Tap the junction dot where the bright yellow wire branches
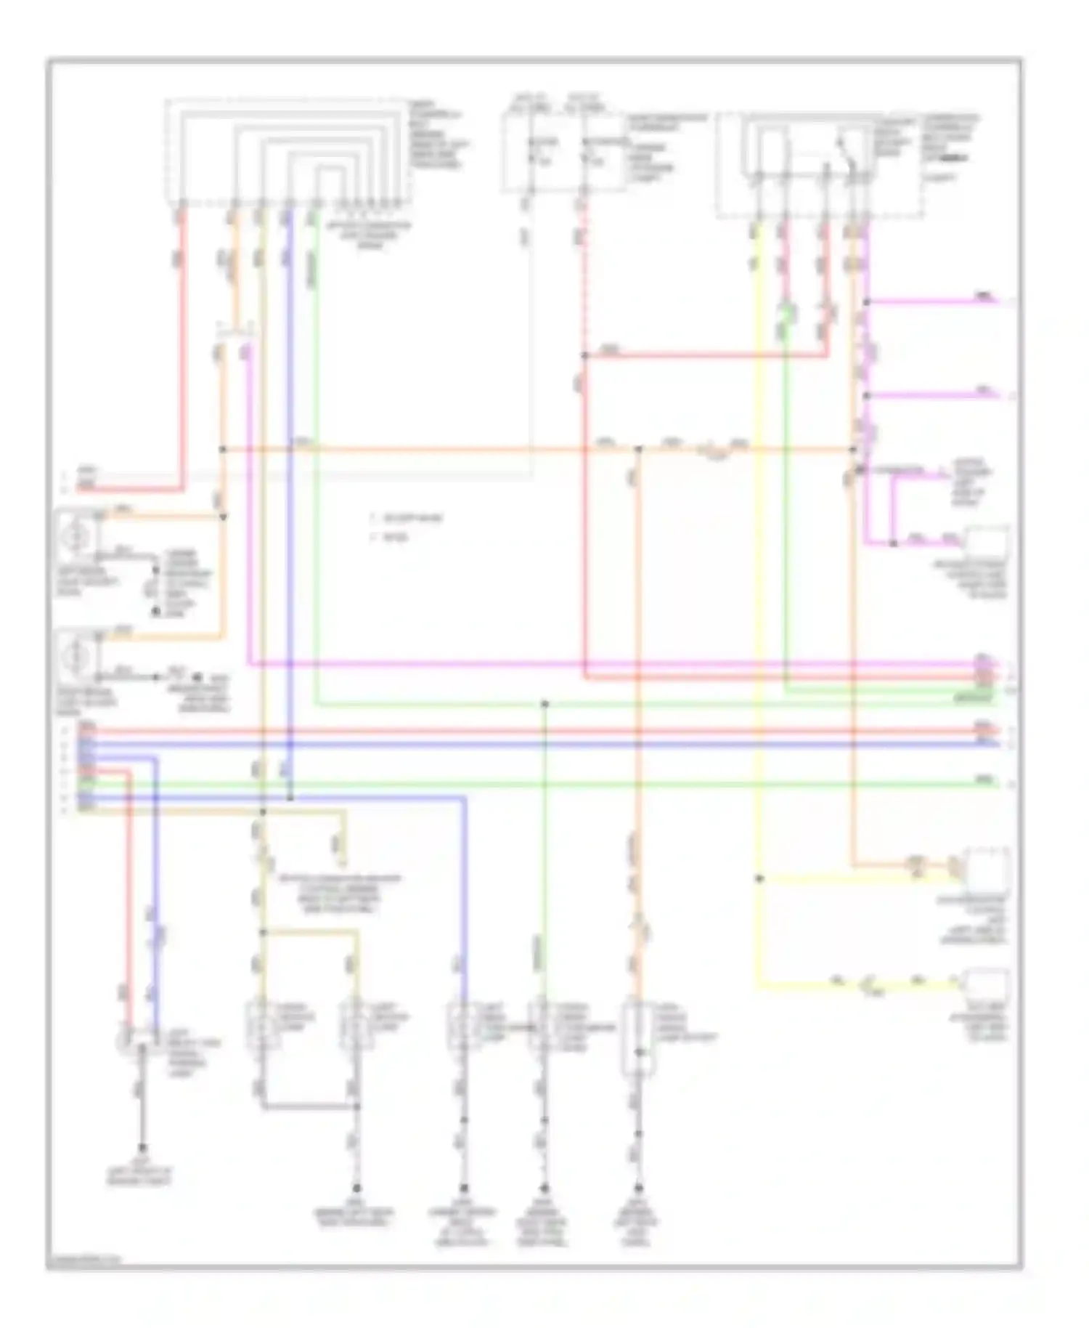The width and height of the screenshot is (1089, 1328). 759,878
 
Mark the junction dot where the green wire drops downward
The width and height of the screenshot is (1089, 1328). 544,704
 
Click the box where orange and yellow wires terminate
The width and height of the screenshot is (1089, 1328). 985,868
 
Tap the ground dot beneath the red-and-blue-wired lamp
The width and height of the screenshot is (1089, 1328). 142,1149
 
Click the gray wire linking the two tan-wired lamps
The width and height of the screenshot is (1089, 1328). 309,1107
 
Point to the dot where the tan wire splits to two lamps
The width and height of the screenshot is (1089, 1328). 263,932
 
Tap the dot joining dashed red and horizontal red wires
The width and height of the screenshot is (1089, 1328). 584,356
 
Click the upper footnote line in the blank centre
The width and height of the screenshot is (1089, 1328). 407,519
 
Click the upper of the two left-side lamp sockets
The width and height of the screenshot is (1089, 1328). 78,538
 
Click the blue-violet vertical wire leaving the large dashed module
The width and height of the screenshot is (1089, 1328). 289,436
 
